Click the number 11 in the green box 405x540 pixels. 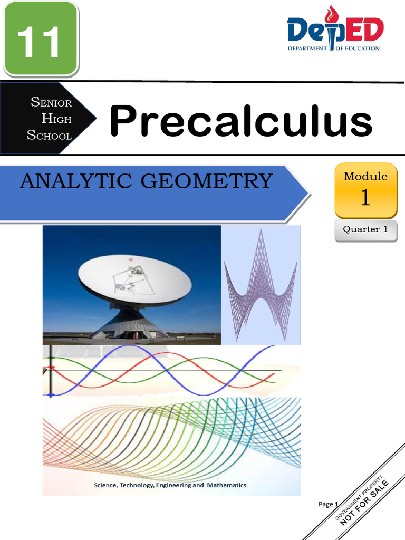[x=40, y=42]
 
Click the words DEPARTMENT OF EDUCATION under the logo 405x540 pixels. [x=333, y=49]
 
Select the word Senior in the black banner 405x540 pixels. [x=51, y=102]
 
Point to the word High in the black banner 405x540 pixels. [x=56, y=119]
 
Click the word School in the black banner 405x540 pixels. [x=49, y=136]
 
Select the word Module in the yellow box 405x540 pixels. [x=365, y=177]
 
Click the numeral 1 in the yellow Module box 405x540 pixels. [x=365, y=198]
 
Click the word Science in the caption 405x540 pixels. [x=106, y=485]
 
